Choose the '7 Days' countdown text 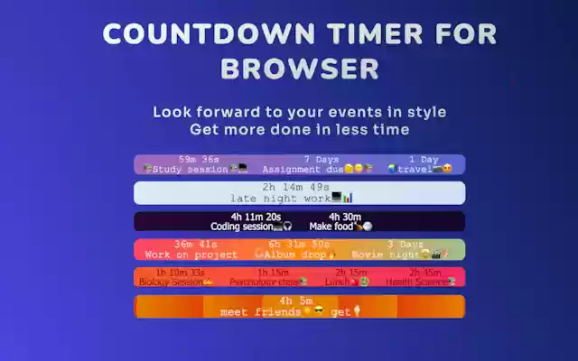(321, 159)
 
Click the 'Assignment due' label (303, 170)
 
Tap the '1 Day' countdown (424, 159)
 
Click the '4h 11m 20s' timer (256, 217)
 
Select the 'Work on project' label (191, 255)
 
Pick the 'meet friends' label (261, 312)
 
